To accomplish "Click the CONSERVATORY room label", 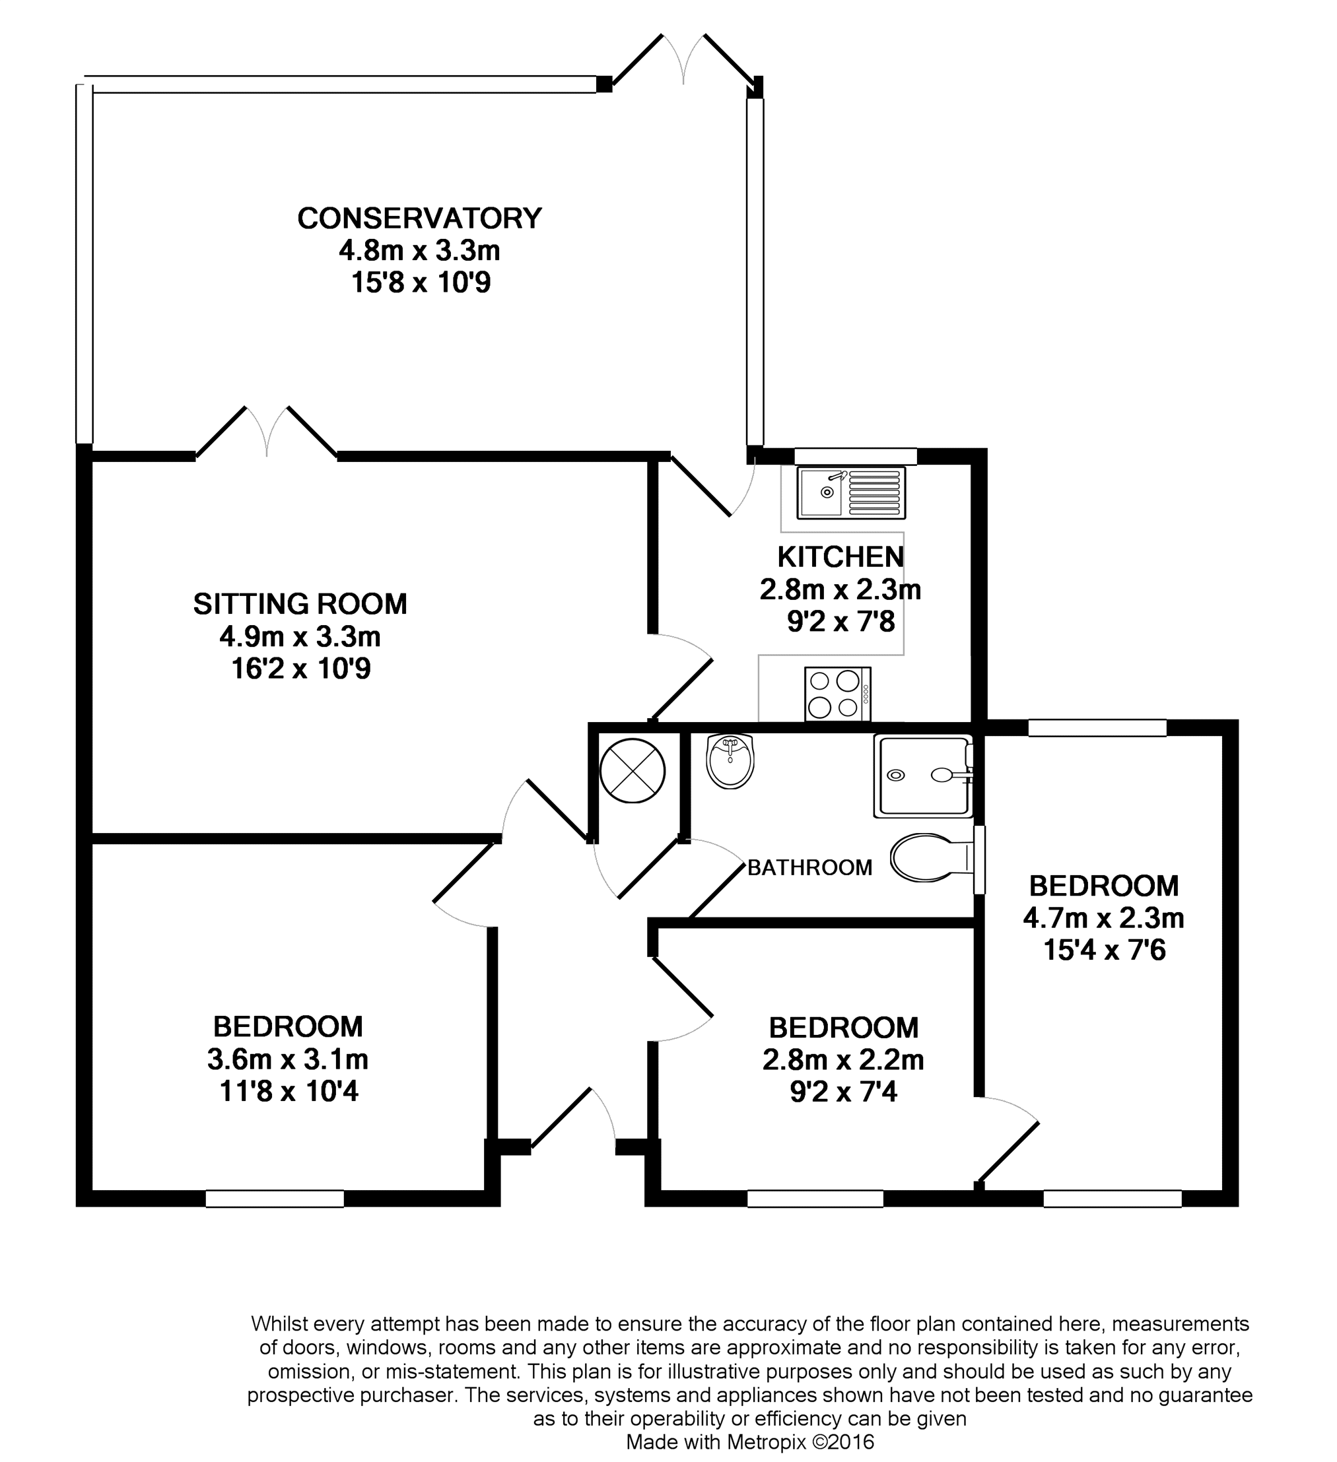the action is (419, 218).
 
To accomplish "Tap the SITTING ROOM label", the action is (300, 604).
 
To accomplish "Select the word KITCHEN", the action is (840, 557).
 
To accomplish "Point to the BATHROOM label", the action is (809, 867).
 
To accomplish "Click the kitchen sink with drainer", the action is (852, 493).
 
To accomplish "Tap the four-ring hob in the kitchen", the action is (838, 694).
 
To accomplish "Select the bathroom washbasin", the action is (730, 761).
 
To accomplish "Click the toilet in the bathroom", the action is (934, 858).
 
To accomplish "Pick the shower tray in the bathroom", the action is (924, 776).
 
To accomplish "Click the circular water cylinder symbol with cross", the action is (633, 771).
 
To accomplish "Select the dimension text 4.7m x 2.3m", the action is (1104, 918).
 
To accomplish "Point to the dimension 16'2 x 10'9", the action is (300, 668).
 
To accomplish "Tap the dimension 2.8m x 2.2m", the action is (843, 1059).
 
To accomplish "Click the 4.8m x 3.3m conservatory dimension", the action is (419, 251).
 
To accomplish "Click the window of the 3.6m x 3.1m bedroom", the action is (275, 1199).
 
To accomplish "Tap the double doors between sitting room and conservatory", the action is (267, 433).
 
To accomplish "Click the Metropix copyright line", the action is (750, 1442).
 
